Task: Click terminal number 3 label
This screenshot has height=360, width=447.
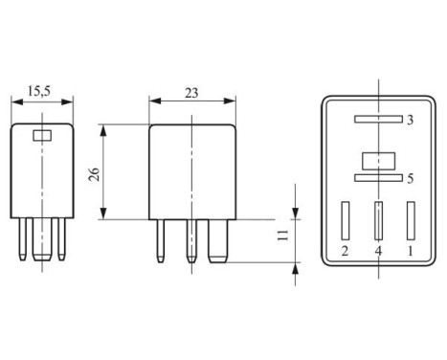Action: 409,121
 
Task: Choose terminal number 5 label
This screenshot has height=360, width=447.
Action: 409,178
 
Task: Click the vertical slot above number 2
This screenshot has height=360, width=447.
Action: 345,220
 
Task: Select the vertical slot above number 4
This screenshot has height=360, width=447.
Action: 378,221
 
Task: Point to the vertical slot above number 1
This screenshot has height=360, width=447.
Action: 412,220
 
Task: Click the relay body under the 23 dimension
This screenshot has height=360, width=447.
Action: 192,172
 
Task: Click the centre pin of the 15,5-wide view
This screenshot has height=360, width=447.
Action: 41,243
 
